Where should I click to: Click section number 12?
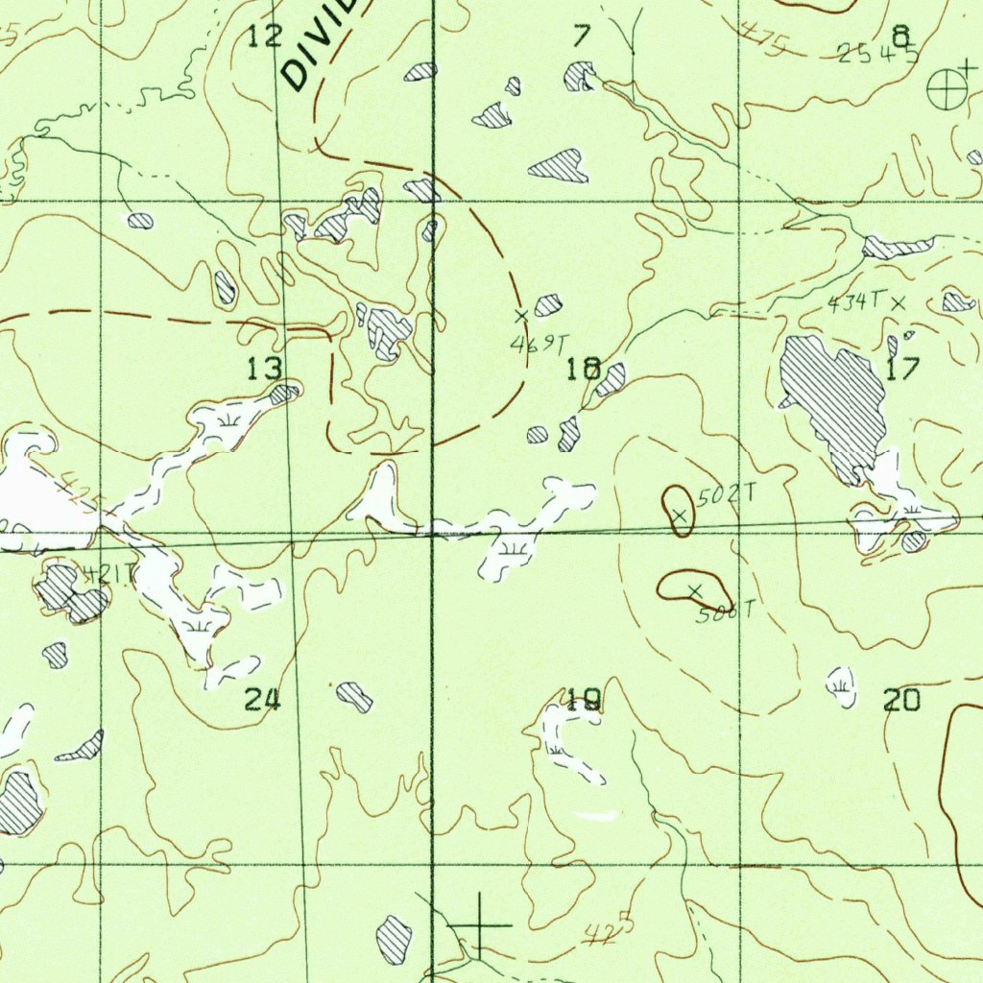265,37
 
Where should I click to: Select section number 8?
900,36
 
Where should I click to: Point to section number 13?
265,368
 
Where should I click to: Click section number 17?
902,369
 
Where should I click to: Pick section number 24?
262,700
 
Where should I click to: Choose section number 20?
901,701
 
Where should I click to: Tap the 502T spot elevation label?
727,495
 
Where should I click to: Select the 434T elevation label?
854,302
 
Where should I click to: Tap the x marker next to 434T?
898,302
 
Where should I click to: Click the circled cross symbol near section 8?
945,90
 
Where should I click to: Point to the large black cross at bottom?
480,924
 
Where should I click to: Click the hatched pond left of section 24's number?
56,656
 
